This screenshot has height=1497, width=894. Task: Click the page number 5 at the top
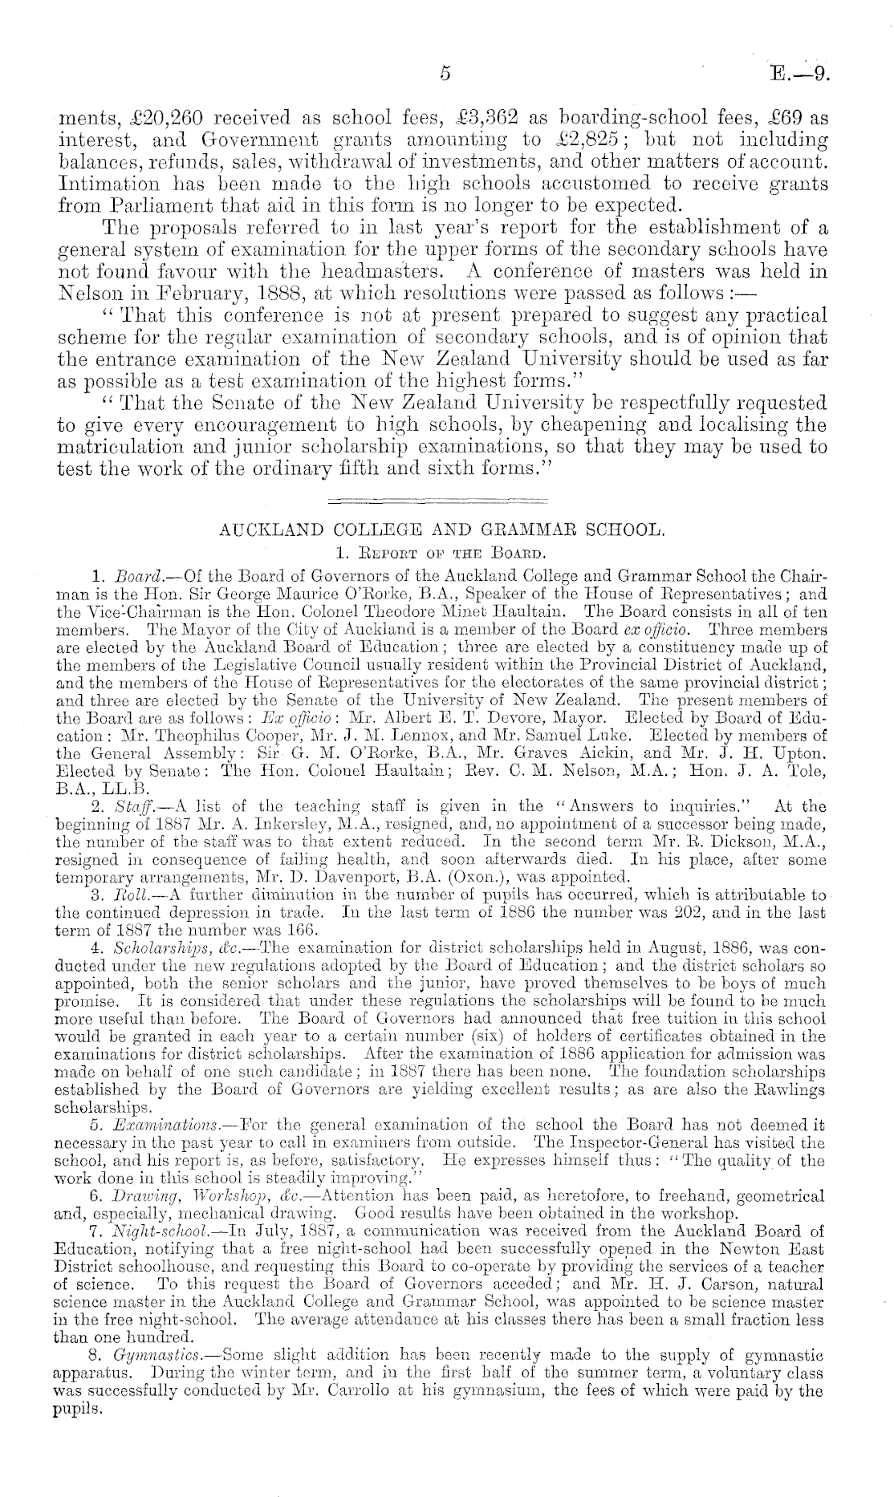pos(446,74)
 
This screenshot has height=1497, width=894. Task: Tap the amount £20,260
pos(160,117)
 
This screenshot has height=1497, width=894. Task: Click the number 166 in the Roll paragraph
pos(302,931)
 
